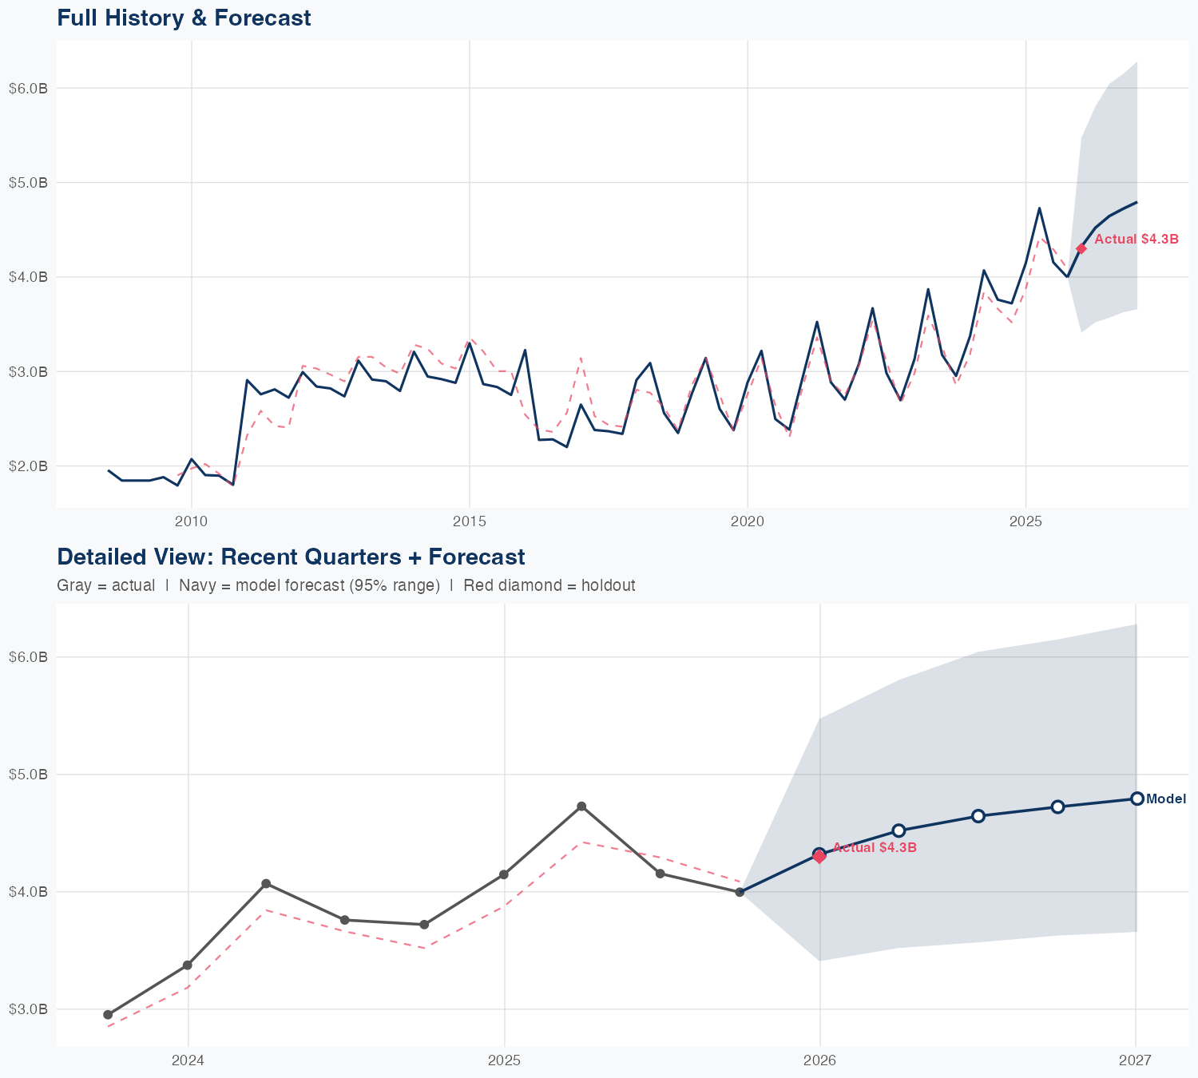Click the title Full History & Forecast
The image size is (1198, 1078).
click(184, 18)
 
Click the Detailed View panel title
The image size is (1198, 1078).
click(291, 557)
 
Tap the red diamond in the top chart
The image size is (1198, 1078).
click(1081, 248)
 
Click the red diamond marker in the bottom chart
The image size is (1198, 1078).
click(819, 857)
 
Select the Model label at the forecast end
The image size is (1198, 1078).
click(1166, 799)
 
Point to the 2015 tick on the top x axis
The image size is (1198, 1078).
click(469, 522)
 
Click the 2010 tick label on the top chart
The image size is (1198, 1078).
click(191, 522)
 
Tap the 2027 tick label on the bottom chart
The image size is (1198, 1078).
click(1135, 1060)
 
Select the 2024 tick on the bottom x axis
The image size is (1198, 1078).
click(188, 1060)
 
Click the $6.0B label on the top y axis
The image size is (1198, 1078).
click(28, 88)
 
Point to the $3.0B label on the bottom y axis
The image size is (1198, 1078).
click(28, 1009)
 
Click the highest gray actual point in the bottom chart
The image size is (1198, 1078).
click(581, 807)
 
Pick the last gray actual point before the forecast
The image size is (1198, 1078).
click(740, 892)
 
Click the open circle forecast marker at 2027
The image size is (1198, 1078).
click(1137, 799)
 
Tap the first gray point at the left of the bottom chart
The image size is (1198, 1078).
click(108, 1015)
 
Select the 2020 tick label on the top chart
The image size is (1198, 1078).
click(748, 522)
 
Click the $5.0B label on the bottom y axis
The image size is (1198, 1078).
click(28, 775)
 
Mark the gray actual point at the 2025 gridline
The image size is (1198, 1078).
click(504, 874)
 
